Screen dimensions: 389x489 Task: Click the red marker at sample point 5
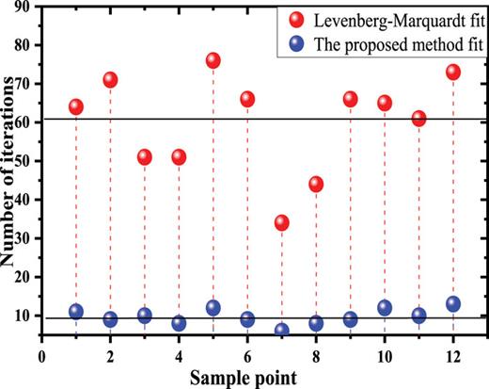coord(213,60)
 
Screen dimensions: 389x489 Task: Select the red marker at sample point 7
coord(281,223)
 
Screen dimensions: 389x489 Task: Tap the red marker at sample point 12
coord(452,72)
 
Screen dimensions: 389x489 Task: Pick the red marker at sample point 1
coord(75,106)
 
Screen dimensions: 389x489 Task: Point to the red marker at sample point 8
coord(316,185)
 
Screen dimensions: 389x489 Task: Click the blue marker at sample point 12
coord(452,304)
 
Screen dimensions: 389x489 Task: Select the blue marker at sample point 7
coord(281,331)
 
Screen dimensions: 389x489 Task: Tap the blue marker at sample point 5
coord(213,308)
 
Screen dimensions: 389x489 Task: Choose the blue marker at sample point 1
coord(75,312)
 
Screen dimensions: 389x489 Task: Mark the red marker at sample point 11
coord(418,119)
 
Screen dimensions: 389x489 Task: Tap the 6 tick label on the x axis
coord(247,358)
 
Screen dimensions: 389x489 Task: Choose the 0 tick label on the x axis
coord(41,358)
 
